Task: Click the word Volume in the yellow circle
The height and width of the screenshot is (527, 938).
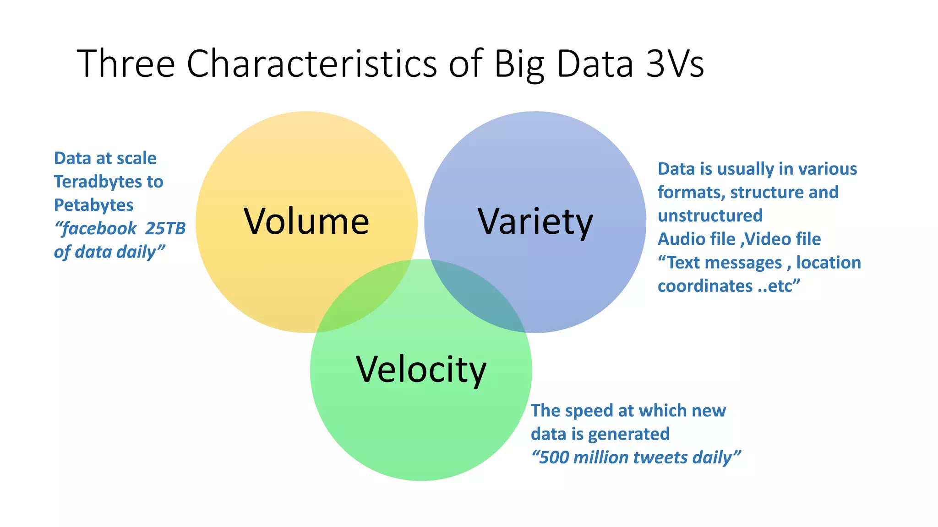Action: coord(306,222)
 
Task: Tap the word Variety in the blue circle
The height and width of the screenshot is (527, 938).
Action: coord(535,222)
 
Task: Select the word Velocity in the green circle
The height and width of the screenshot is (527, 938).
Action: coord(421,370)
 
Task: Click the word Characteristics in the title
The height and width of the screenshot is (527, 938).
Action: coord(311,64)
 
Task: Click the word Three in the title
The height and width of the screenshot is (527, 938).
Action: coord(126,64)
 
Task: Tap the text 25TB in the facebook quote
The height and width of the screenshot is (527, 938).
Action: coord(165,228)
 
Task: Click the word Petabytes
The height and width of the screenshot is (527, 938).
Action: coord(93,205)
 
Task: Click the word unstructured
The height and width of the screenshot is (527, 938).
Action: coord(710,215)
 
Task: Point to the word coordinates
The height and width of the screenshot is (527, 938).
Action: coord(705,286)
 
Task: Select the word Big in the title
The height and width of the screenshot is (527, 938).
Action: coord(519,64)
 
